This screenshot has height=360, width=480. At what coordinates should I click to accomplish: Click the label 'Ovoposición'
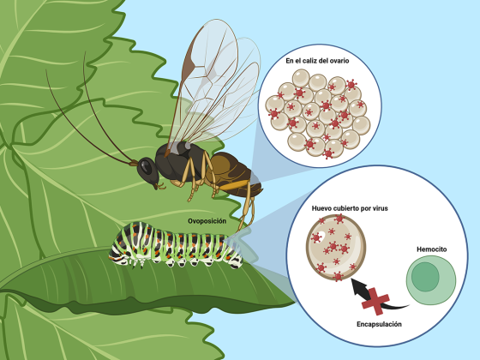(x=207, y=221)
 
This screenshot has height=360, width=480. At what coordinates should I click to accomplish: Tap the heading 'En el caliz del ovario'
(x=317, y=61)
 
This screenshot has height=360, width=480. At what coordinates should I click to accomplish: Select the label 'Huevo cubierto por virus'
(x=350, y=208)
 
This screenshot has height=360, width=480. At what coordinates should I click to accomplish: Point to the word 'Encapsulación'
(x=379, y=324)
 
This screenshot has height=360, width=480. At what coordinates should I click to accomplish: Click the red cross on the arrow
(x=375, y=301)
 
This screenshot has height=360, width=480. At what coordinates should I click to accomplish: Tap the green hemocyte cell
(x=431, y=280)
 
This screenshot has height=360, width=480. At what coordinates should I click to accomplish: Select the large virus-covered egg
(x=336, y=248)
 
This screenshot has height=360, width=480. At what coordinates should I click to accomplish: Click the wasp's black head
(x=147, y=171)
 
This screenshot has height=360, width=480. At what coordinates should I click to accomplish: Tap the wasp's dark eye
(x=146, y=167)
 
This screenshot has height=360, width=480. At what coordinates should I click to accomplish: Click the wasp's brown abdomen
(x=232, y=174)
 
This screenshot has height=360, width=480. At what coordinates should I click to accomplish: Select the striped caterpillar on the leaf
(x=176, y=245)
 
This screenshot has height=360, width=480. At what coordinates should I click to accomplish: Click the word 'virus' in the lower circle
(x=381, y=208)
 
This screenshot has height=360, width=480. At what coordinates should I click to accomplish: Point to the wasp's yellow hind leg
(x=247, y=202)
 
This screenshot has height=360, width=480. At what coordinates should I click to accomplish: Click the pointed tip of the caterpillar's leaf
(x=295, y=303)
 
